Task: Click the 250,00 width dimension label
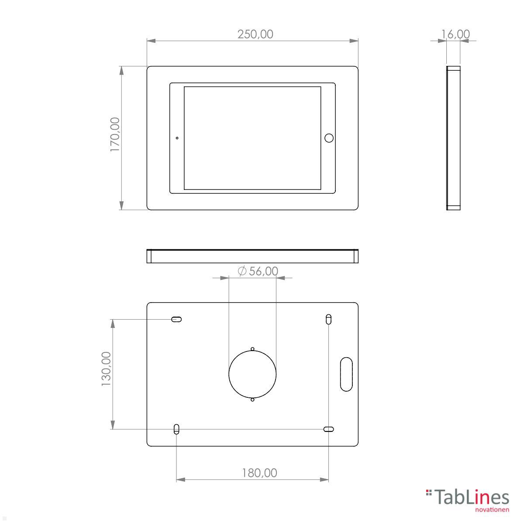tap(255, 34)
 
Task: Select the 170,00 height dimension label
tap(115, 134)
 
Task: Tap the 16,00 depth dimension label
tap(455, 34)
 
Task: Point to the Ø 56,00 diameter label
tap(258, 271)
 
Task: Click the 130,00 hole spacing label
tap(106, 369)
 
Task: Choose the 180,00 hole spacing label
tap(259, 472)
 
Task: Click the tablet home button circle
tap(329, 138)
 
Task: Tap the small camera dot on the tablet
tap(177, 138)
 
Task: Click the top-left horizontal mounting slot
tap(176, 319)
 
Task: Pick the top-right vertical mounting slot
tap(328, 319)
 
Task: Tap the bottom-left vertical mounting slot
tap(176, 429)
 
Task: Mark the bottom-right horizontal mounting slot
tap(328, 429)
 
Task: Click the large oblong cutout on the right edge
tap(346, 374)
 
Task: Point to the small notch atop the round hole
tap(252, 349)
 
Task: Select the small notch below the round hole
tap(252, 400)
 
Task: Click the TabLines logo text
tap(472, 498)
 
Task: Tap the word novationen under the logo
tap(492, 510)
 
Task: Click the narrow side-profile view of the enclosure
tap(453, 138)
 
